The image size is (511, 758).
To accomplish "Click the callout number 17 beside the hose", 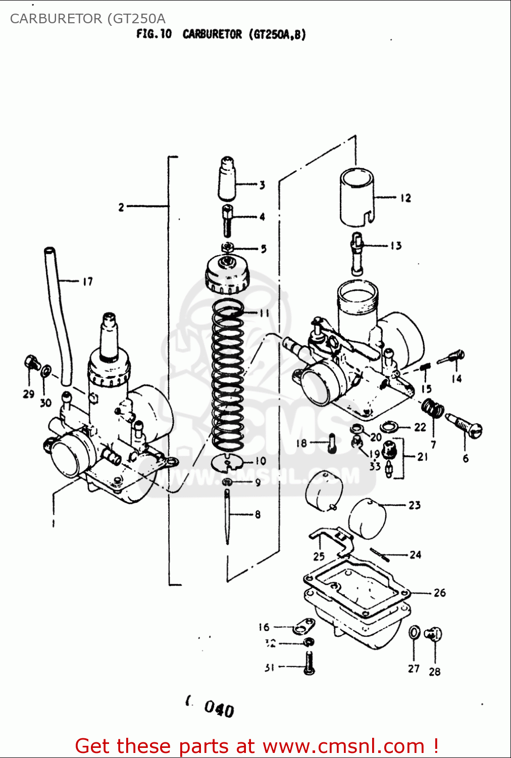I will point(87,281).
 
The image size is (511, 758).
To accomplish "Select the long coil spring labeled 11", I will point(227,374).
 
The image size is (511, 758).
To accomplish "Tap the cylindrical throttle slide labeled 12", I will point(356,197).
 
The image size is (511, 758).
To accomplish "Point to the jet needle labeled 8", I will point(227,515).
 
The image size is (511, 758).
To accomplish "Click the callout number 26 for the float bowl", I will point(439,592).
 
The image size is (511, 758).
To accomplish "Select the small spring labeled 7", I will point(433,408).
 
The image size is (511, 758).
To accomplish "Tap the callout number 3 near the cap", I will point(262,185).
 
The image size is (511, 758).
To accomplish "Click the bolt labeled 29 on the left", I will point(30,362).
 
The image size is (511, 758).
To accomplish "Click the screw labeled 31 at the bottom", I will point(310,663).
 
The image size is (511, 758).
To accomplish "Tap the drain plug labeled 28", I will point(433,634).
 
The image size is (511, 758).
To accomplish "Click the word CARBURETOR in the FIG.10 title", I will point(212,34).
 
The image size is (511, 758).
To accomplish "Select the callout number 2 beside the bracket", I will point(121,207).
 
